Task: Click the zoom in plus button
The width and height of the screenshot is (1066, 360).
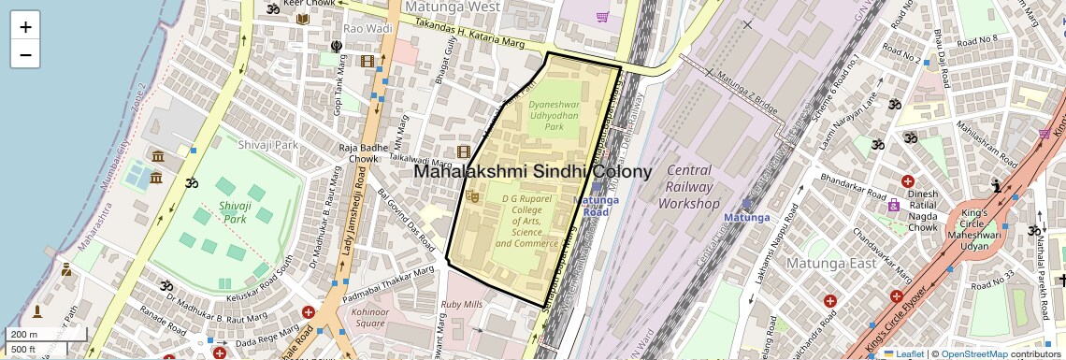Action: coord(25,27)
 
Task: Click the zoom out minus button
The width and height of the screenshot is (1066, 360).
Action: coord(25,54)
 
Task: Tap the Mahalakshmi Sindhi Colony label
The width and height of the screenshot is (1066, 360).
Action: coord(532,172)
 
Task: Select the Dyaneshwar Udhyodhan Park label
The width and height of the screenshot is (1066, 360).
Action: coord(554,115)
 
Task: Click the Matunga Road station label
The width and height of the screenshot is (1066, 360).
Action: coord(596,206)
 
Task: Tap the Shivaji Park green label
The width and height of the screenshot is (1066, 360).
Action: coord(235,211)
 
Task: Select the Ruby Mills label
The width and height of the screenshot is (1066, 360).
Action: coord(461,304)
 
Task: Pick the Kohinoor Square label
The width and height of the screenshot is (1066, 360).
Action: coord(370,317)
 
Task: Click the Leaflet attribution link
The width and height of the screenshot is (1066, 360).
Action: coord(903,353)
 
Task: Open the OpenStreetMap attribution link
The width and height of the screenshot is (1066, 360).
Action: coord(973,353)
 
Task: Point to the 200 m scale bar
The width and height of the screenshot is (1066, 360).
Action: coord(45,334)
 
